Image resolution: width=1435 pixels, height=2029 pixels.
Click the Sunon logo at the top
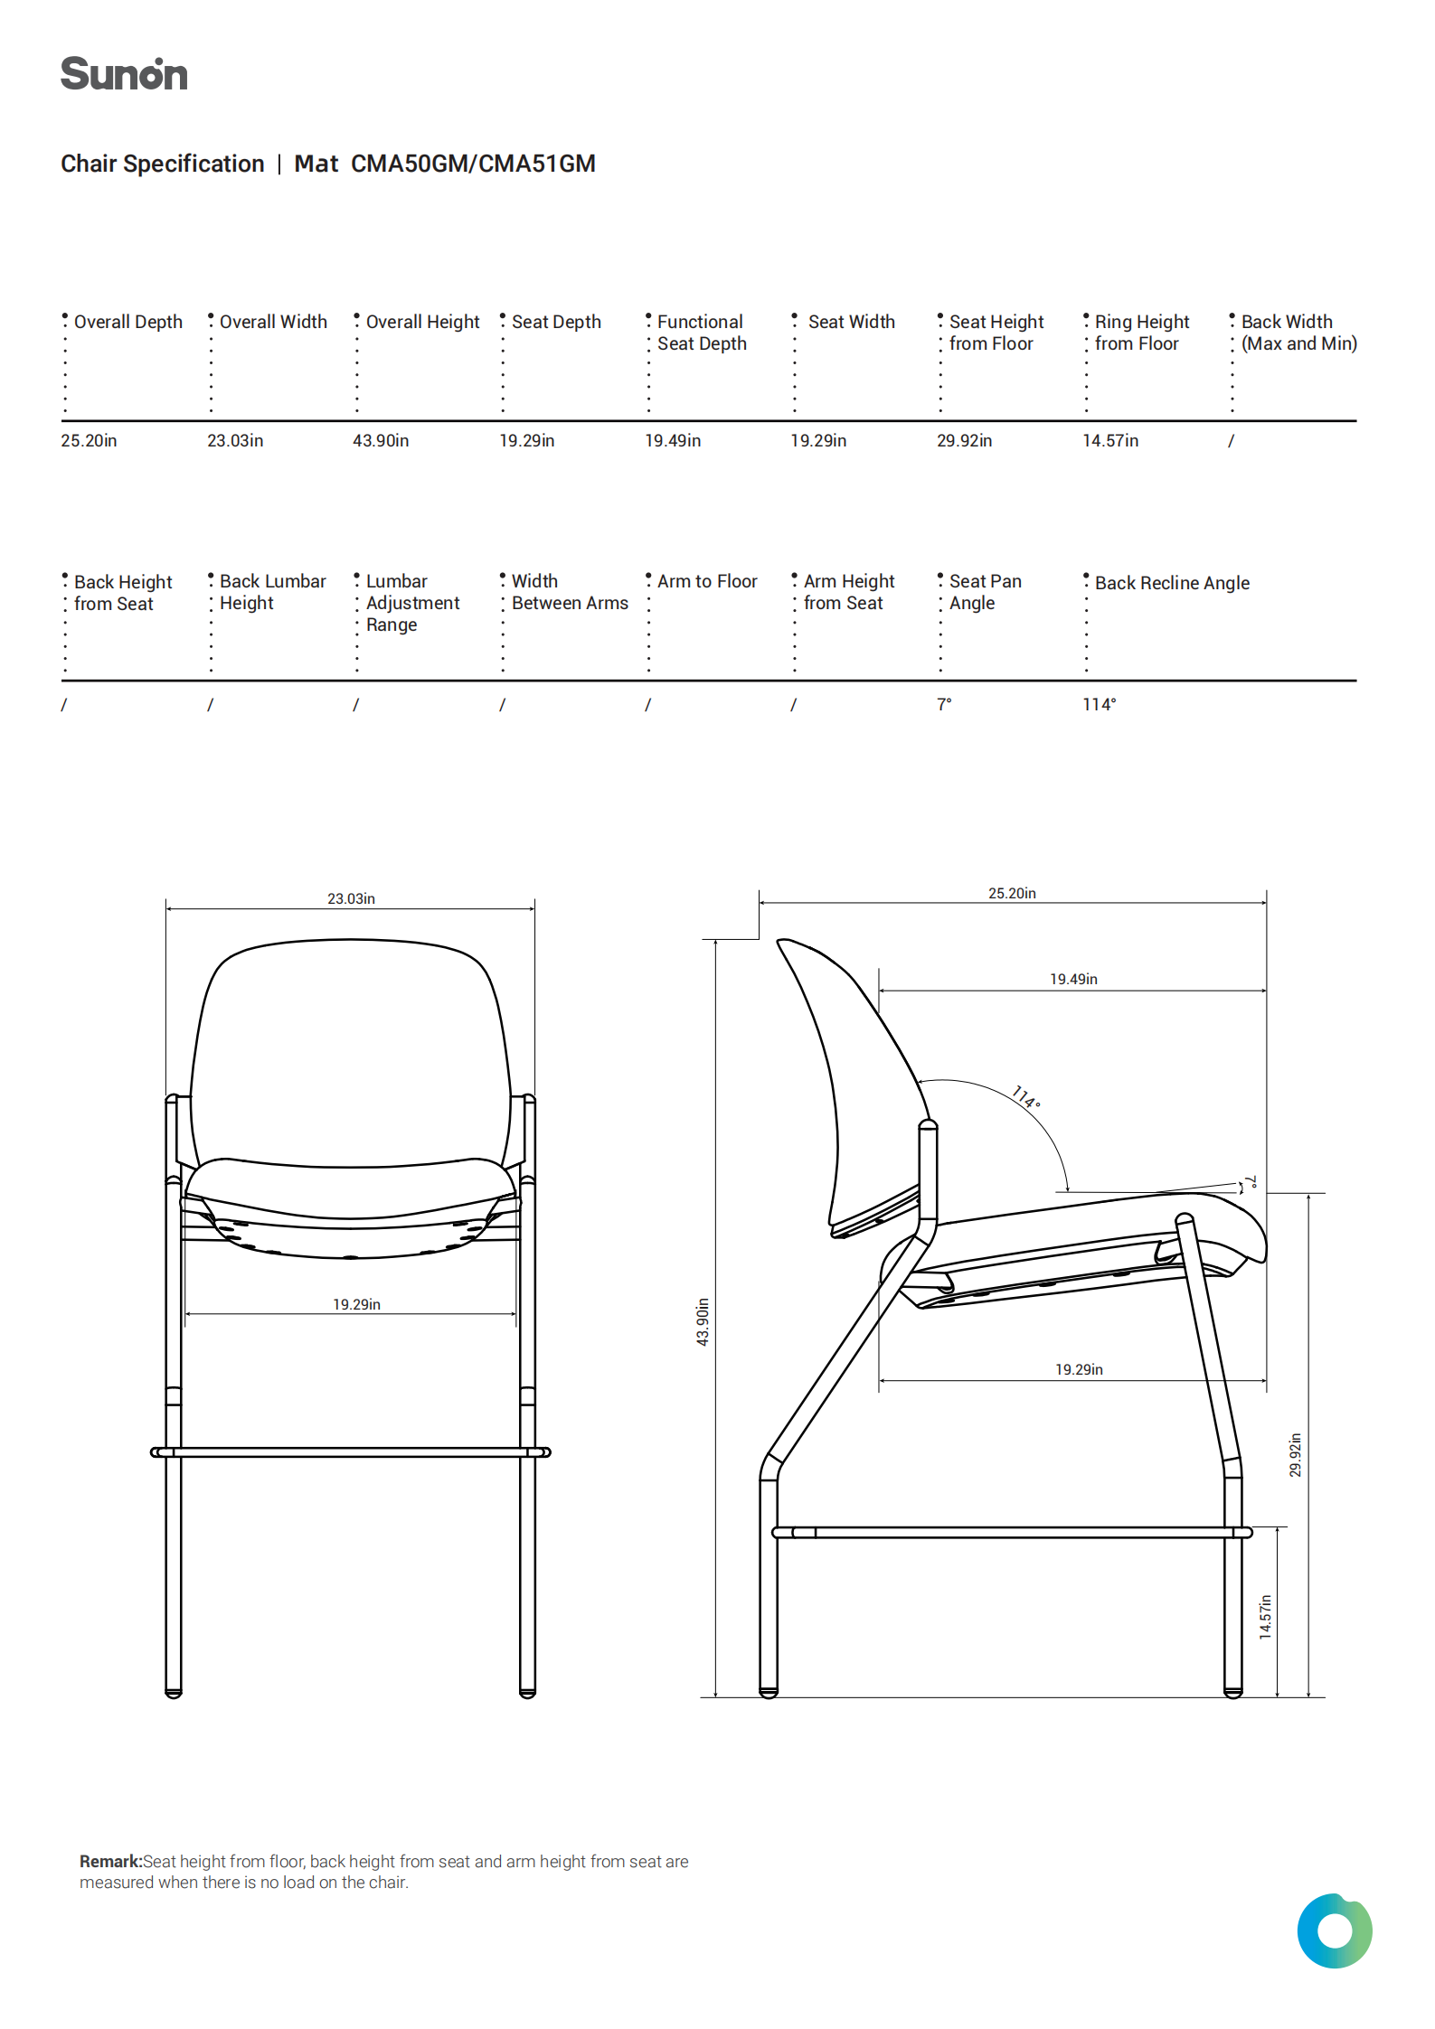[124, 74]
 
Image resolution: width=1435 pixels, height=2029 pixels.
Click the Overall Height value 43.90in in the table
[381, 441]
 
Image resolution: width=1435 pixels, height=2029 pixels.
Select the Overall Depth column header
[127, 322]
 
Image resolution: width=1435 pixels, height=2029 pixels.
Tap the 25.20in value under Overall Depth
[89, 441]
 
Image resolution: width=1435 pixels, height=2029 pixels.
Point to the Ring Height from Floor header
[1141, 333]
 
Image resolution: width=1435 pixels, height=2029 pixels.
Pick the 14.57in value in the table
[1110, 441]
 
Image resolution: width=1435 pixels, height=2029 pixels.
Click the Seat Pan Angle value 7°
[944, 704]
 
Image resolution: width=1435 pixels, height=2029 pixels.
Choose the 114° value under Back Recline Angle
[1100, 704]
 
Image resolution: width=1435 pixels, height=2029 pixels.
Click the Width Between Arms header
[569, 592]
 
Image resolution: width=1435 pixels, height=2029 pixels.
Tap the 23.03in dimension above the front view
[351, 898]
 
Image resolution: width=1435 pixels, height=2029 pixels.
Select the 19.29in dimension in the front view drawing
[356, 1304]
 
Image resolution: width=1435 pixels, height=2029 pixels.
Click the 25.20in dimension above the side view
[1012, 893]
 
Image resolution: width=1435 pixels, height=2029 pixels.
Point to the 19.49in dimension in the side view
[1073, 979]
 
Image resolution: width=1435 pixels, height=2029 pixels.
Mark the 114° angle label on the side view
[1026, 1096]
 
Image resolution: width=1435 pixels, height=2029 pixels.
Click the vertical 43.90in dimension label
[703, 1321]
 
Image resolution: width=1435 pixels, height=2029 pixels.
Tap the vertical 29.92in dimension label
[1295, 1455]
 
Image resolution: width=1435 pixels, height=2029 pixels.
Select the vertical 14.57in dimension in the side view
[1265, 1617]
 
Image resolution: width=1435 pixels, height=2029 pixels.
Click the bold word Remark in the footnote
[110, 1861]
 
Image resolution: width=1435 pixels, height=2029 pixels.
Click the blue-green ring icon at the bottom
[1334, 1930]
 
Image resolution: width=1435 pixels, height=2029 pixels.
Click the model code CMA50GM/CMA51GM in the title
[473, 164]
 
